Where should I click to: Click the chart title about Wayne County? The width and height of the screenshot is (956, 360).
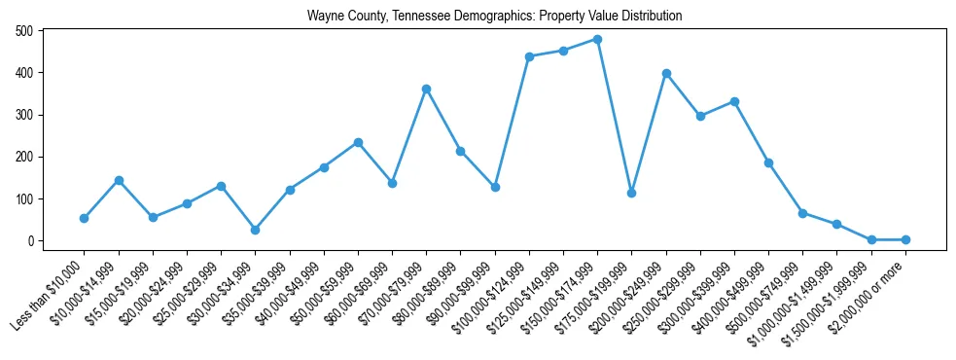click(494, 17)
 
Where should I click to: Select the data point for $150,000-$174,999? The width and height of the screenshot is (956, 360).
click(597, 39)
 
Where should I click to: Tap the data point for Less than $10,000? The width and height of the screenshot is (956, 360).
click(85, 218)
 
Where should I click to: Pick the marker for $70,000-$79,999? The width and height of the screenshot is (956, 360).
click(426, 89)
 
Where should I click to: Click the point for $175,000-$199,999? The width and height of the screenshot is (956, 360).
click(631, 193)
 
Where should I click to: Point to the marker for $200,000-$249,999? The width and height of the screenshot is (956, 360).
click(666, 73)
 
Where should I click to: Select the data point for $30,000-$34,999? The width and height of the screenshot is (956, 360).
click(255, 230)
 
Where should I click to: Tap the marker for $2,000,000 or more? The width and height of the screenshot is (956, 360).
click(905, 239)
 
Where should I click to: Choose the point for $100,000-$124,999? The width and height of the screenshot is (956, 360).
click(529, 56)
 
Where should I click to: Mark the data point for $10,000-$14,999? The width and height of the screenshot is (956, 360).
click(119, 180)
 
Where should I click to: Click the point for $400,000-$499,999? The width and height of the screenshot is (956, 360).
click(768, 162)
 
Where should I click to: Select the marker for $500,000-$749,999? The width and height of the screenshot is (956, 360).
click(802, 213)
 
